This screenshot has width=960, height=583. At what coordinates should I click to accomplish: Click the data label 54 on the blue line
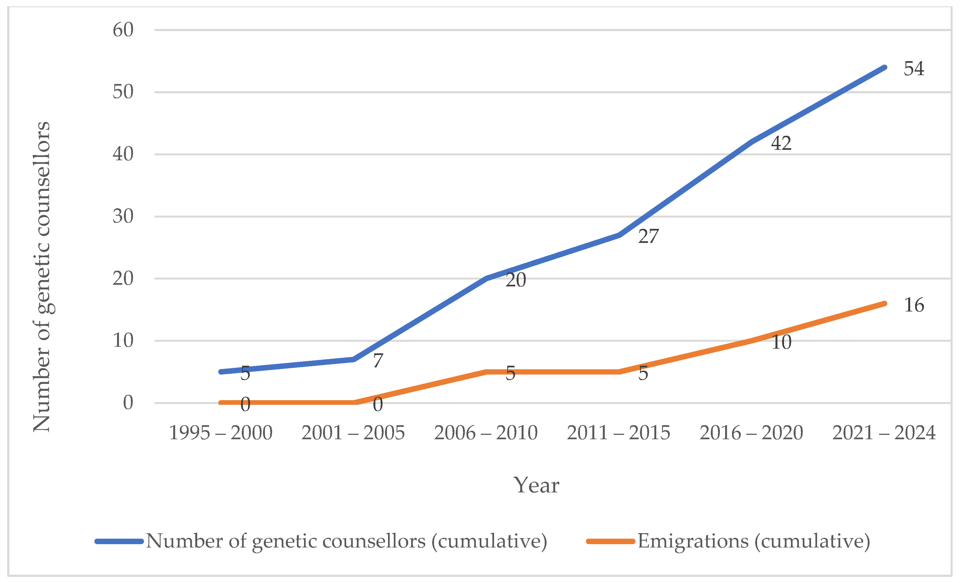tap(914, 69)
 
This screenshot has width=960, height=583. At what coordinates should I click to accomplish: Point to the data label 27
tap(648, 236)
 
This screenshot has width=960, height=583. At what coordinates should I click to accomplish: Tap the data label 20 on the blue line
tap(516, 280)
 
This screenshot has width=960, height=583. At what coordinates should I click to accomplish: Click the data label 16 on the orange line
tap(914, 305)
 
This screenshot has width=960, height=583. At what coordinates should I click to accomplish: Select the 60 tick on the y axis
tap(123, 30)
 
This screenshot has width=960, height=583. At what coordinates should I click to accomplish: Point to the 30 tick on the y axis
tap(123, 216)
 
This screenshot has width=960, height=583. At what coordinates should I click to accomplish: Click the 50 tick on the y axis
tap(123, 92)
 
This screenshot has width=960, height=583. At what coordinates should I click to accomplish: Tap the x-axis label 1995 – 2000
tap(221, 433)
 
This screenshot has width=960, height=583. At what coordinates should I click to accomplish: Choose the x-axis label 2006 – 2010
tap(486, 433)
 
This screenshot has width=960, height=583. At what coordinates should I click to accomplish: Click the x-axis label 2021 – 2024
tap(884, 433)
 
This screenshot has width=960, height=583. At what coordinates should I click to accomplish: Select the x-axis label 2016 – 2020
tap(751, 433)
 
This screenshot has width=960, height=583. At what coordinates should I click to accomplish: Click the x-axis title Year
tap(536, 486)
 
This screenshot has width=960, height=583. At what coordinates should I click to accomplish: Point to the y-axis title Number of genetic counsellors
tap(42, 277)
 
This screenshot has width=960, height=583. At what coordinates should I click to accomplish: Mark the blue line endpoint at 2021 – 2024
tap(885, 68)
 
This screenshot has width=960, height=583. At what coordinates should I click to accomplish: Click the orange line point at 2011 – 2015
tap(619, 372)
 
